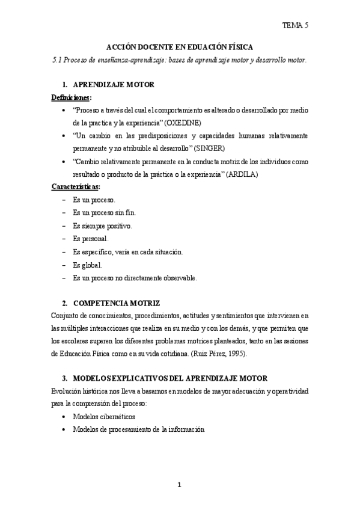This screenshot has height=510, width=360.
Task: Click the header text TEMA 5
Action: pos(296,25)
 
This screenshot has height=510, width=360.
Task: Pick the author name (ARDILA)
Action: pos(245,174)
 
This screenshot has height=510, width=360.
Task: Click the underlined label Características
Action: pos(76,186)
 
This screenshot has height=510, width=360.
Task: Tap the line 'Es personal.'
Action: pos(91,239)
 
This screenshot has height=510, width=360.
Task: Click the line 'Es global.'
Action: pos(87,265)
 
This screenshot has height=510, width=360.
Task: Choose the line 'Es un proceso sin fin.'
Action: pos(104,212)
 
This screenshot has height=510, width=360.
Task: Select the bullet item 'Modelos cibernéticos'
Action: pos(103,416)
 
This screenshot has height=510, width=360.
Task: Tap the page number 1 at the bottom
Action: pos(180,485)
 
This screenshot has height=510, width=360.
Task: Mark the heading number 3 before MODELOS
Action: pos(65,378)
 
